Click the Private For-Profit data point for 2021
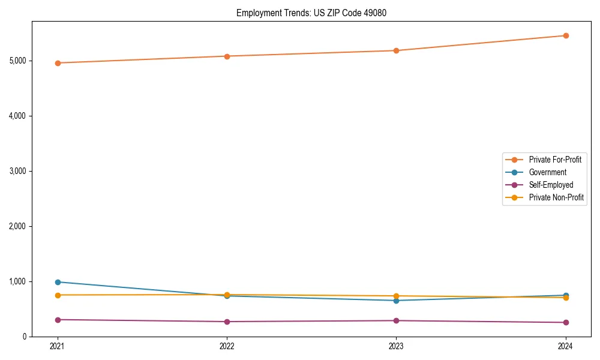tap(58, 63)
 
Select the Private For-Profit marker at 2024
tap(566, 35)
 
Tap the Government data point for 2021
tap(58, 282)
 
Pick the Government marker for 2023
tap(396, 301)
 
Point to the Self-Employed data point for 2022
tap(227, 322)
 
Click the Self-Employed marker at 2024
tap(566, 323)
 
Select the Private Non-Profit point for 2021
tap(58, 295)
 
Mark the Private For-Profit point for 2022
tap(227, 56)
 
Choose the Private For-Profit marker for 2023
tap(396, 50)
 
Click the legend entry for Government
tap(547, 172)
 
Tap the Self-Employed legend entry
tap(551, 185)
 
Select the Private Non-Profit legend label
tap(556, 197)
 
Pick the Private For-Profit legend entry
tap(555, 160)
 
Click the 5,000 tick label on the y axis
tap(17, 61)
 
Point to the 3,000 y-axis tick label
tap(17, 171)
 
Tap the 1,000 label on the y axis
tap(17, 281)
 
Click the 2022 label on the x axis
tap(227, 346)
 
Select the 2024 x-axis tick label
tap(566, 346)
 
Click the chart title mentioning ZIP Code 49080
tap(307, 13)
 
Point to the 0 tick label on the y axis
tap(25, 337)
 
